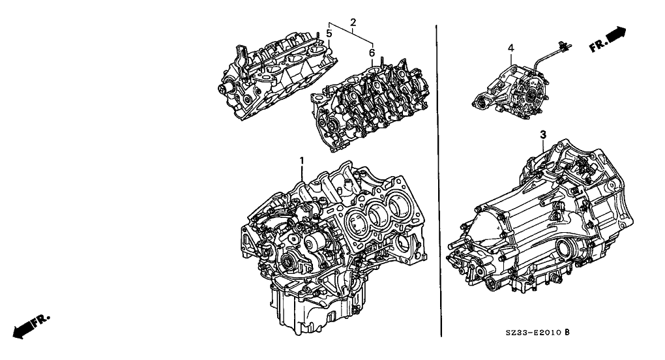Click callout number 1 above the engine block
tap(302, 160)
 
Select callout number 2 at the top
tap(353, 22)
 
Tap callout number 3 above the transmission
tap(543, 135)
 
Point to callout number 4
tap(511, 48)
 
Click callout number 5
tap(329, 33)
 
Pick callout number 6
tap(372, 53)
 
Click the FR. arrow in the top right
tap(608, 39)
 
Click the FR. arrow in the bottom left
tap(31, 327)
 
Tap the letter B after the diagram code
tap(567, 332)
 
